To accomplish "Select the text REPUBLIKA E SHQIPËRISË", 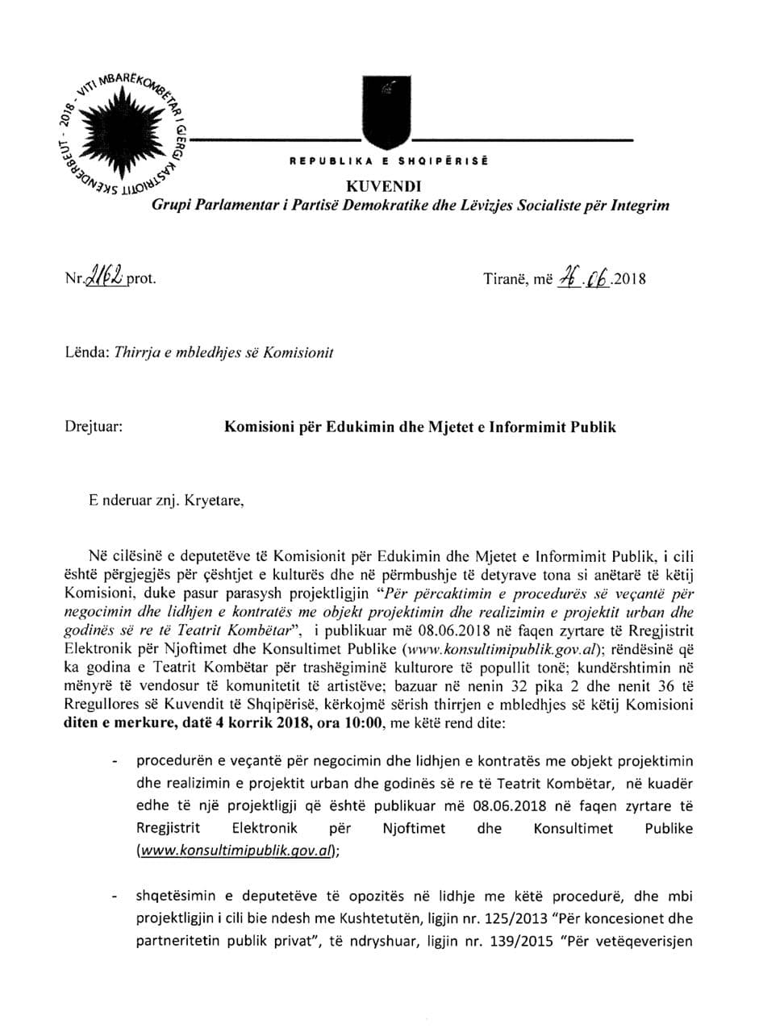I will [389, 161].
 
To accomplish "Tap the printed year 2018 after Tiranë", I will [631, 281].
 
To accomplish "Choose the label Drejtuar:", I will [94, 427].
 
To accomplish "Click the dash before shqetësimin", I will [118, 897].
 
